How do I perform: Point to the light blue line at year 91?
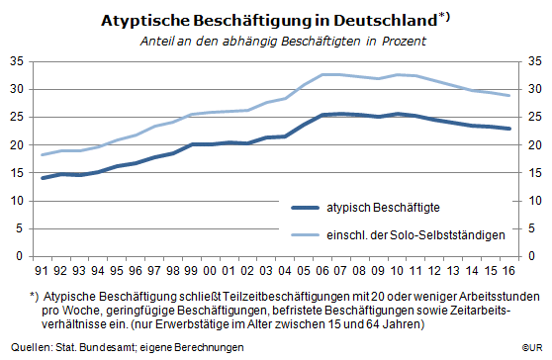click(x=43, y=154)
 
